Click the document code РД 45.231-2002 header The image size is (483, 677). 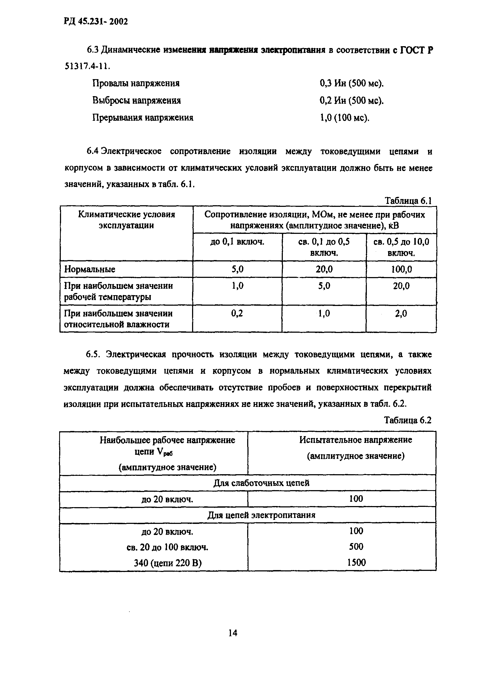(96, 21)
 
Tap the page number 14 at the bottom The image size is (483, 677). (233, 633)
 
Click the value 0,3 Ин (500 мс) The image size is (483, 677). (351, 83)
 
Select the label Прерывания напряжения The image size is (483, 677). (143, 118)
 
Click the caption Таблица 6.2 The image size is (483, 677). (407, 420)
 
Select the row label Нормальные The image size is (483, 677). (90, 270)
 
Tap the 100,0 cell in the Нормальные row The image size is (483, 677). (401, 270)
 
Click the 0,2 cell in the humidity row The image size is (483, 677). (237, 313)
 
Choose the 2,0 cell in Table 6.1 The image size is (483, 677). (401, 313)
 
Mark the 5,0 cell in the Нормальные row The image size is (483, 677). (237, 270)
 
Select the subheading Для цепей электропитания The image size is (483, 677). (261, 515)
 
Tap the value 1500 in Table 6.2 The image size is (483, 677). (356, 563)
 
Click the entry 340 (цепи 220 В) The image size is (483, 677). (167, 563)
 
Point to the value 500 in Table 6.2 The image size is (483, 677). (356, 547)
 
